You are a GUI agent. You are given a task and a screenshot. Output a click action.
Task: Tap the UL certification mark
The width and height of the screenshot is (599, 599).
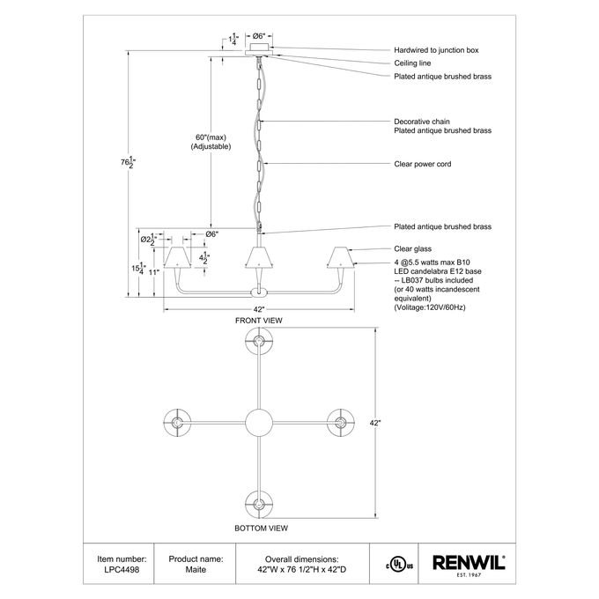399,566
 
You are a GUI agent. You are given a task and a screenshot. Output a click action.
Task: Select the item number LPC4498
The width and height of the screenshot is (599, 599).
122,570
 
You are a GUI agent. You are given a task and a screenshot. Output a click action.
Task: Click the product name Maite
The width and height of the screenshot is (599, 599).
196,570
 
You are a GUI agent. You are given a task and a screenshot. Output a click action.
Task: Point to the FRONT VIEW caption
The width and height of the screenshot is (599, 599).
259,321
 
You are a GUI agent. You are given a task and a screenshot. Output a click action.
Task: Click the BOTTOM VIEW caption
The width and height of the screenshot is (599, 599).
262,529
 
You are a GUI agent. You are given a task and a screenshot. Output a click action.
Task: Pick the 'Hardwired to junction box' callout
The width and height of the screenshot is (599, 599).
436,50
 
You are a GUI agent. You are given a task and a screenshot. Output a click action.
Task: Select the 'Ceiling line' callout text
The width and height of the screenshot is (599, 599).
412,63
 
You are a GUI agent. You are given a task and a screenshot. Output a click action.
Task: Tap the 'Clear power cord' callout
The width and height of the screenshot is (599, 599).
423,164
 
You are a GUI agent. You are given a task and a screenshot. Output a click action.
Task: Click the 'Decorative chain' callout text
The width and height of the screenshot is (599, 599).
422,122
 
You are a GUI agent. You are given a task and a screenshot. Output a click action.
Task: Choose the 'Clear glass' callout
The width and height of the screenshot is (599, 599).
413,249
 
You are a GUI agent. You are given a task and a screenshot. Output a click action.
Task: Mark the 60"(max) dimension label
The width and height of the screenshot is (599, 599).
211,137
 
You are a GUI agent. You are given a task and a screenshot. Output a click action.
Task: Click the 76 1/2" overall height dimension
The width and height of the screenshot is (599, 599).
128,162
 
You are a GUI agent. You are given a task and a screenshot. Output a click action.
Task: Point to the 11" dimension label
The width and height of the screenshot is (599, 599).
154,272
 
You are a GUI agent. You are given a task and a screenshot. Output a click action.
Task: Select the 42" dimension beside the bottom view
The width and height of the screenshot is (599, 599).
375,424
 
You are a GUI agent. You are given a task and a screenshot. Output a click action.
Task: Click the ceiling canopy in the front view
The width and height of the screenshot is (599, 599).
259,49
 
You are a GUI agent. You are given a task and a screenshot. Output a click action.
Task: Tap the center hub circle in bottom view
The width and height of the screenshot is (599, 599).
259,423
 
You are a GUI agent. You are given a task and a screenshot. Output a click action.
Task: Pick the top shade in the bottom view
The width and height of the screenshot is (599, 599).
259,341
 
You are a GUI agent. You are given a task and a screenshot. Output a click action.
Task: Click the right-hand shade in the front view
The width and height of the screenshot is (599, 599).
340,257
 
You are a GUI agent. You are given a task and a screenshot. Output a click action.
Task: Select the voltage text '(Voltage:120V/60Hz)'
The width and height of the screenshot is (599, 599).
430,307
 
